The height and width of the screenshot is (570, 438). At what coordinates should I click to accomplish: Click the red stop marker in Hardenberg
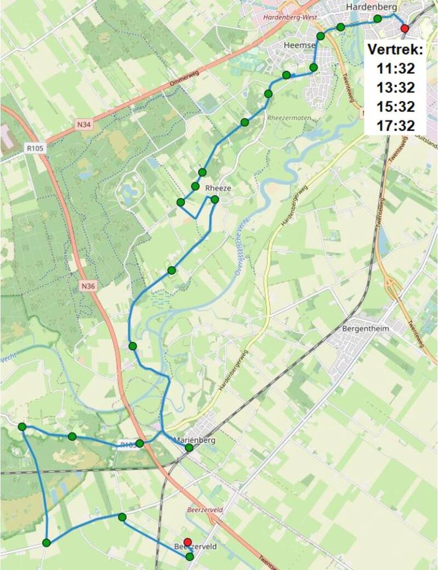405,29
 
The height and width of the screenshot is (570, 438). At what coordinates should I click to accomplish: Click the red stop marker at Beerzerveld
187,541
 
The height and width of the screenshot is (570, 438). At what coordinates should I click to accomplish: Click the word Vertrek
395,49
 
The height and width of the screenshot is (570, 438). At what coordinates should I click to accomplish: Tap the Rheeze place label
218,188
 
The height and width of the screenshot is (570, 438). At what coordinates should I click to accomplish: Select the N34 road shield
84,125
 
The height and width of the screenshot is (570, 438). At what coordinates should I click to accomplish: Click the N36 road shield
88,286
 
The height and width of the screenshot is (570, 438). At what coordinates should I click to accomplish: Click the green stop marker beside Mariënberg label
189,448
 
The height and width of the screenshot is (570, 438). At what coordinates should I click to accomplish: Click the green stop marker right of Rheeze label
214,200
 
